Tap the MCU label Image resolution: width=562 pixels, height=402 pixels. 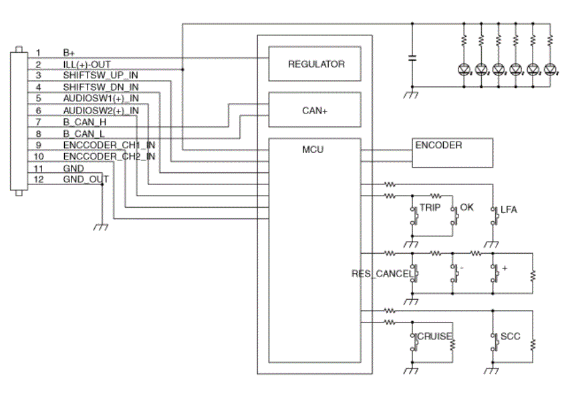click(313, 150)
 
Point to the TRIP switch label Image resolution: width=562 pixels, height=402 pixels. click(430, 208)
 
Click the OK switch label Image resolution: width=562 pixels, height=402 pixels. click(466, 207)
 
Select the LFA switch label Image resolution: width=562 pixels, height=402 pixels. click(509, 210)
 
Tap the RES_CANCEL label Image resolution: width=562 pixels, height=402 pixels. click(382, 274)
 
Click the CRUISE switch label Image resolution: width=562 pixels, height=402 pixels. click(434, 336)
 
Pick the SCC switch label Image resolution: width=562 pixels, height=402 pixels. click(511, 336)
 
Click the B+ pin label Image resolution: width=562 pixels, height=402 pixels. click(69, 53)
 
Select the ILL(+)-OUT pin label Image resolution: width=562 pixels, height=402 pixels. click(87, 65)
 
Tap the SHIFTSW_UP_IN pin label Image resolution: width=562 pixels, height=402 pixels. click(100, 75)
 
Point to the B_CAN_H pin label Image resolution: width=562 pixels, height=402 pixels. click(85, 122)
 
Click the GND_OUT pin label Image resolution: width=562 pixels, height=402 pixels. click(86, 179)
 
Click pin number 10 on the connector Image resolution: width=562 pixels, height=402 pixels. click(38, 156)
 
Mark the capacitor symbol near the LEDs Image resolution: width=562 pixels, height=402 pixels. click(412, 58)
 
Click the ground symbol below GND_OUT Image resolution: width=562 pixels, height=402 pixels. click(101, 227)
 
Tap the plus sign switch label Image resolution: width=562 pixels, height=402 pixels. click(505, 268)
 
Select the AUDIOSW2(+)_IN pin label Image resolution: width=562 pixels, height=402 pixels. click(101, 110)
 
